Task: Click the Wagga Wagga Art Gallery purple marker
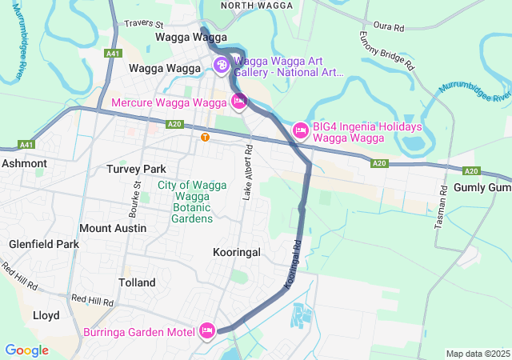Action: coord(221,65)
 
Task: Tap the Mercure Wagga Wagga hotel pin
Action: coord(238,102)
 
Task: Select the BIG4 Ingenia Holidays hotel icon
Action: coord(301,130)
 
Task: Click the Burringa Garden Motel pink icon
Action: coord(207,330)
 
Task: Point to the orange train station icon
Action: coord(206,137)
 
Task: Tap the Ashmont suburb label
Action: coord(24,163)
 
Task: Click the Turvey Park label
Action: coord(136,170)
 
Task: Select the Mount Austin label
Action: coord(113,228)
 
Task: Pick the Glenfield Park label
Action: coord(44,244)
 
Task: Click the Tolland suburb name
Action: coord(136,283)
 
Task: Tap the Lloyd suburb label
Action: coord(46,315)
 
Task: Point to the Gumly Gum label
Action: coord(482,187)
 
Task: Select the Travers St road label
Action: coord(143,26)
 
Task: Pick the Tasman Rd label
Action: coord(440,210)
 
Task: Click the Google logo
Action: coord(26,350)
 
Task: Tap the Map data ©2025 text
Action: coord(477,354)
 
